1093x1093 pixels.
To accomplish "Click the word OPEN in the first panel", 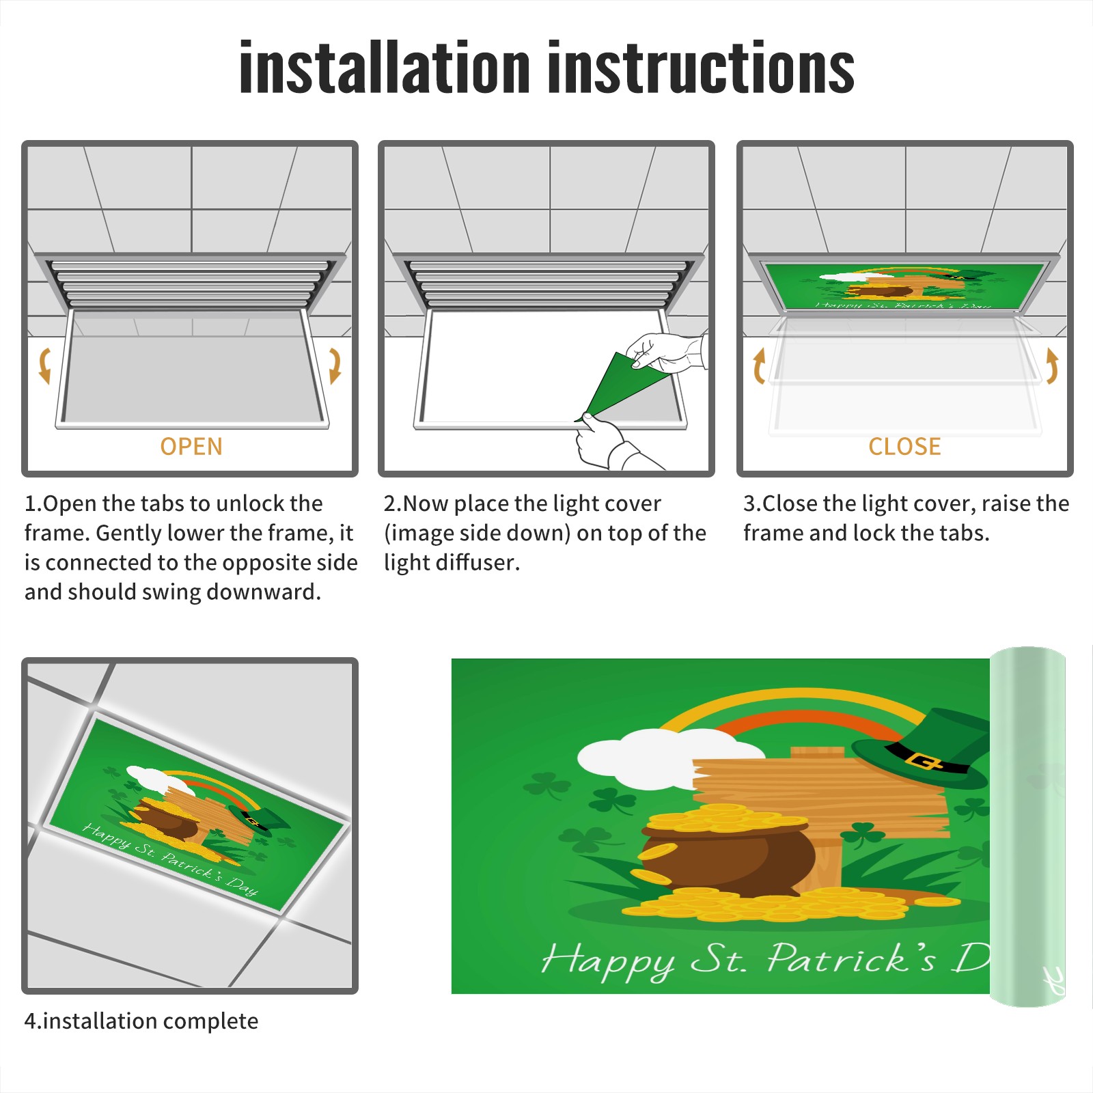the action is pos(191,447).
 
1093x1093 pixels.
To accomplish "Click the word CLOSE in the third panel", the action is pos(904,447).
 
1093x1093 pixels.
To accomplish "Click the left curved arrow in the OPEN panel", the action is pos(45,365).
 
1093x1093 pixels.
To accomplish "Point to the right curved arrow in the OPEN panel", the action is pos(335,365).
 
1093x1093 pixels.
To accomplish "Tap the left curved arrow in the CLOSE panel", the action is pos(759,365).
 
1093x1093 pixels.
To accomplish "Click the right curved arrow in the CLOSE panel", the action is pos(1052,365).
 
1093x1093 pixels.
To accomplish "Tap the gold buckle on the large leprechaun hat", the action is pos(923,760).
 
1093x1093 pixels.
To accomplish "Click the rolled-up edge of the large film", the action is pos(1027,827).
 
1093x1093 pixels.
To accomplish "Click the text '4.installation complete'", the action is pos(141,1021).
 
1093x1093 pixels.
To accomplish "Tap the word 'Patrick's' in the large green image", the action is pos(850,958).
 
